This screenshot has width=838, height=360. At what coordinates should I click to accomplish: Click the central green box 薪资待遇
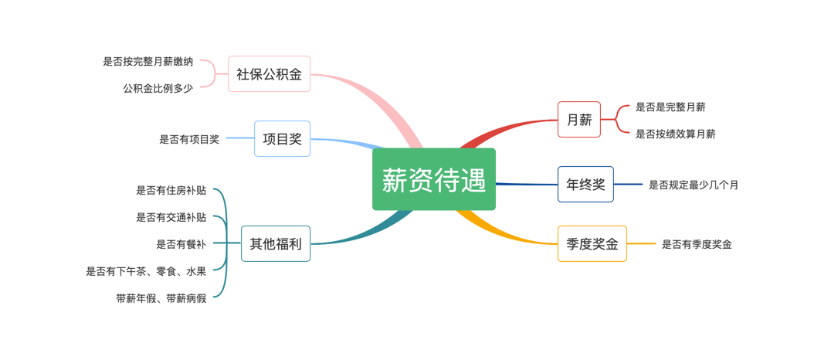pos(434,179)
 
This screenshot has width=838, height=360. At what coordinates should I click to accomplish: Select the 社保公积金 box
pos(270,74)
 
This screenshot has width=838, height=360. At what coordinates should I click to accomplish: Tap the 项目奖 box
pos(282,138)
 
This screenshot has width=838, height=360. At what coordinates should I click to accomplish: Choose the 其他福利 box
pos(276,243)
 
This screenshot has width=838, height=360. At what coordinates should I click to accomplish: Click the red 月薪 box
pos(579,119)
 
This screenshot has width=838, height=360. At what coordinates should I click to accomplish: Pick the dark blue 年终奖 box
pos(585,184)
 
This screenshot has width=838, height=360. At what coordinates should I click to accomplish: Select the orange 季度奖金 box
pos(592,243)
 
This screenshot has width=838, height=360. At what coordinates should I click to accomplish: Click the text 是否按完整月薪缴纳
pos(148,62)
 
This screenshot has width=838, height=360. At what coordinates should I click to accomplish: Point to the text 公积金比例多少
pos(158,88)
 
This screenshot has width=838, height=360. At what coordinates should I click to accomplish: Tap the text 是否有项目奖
pos(189,139)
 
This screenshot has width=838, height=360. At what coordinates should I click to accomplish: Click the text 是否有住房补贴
pos(171,190)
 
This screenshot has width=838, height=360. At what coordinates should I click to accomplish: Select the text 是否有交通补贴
pos(171,217)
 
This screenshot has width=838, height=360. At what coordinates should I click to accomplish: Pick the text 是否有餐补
pos(182,244)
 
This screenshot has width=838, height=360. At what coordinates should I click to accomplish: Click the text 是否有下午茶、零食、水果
pos(147,271)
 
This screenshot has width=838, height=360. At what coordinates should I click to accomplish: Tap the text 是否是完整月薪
pos(670,107)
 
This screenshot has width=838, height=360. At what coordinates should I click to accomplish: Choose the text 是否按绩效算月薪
pos(676,134)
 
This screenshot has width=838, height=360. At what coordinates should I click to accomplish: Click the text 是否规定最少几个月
pos(694,185)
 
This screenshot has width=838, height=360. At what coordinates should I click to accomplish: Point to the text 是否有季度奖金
pos(697,244)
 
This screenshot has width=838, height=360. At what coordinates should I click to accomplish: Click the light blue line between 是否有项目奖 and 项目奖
pos(240,138)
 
